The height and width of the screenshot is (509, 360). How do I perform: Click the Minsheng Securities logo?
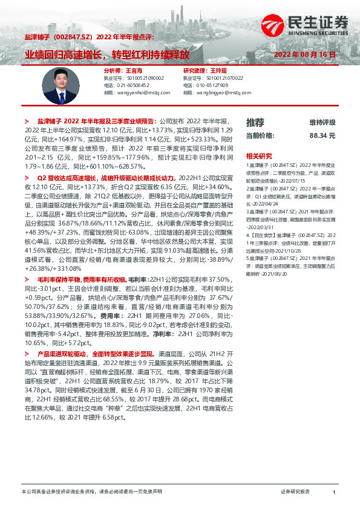pos(306,25)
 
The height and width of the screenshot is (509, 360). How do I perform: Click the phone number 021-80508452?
pos(133,85)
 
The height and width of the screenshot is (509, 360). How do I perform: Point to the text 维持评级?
pos(322,123)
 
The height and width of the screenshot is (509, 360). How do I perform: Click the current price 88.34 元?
pos(322,136)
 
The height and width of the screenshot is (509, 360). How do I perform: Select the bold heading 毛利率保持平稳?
pos(64,279)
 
